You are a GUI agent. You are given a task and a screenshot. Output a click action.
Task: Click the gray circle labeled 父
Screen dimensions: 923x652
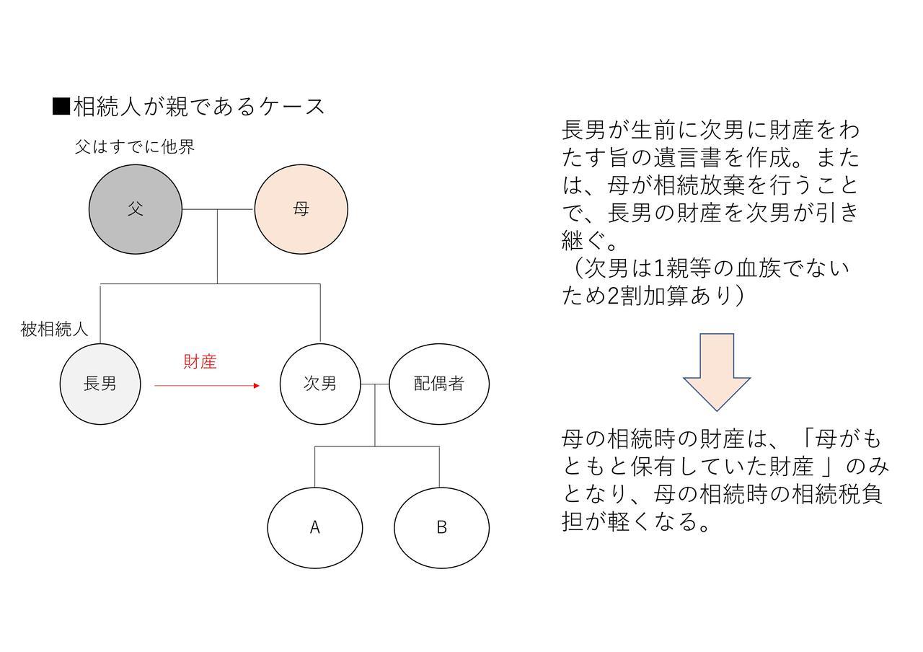coord(136,209)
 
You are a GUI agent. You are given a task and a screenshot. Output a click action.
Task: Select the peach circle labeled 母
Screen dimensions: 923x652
coord(301,209)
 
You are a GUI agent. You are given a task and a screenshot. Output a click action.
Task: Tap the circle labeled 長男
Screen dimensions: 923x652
coord(100,384)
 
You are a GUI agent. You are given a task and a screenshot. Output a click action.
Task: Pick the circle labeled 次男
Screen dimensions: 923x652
coord(320,384)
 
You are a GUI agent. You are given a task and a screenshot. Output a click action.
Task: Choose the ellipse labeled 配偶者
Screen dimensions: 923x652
coord(439,384)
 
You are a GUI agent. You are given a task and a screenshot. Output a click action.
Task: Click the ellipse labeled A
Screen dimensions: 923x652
coord(315,528)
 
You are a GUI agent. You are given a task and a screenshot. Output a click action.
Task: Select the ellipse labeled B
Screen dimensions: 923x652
coord(442,528)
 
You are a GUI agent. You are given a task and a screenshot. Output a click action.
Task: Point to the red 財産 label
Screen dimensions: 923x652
coord(200,361)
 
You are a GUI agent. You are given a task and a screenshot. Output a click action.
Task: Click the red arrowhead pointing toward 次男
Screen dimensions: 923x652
coord(257,386)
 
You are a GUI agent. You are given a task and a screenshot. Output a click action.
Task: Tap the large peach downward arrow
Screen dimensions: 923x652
coord(717,371)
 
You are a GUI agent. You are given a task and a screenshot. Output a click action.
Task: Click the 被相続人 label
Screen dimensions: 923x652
coord(54,329)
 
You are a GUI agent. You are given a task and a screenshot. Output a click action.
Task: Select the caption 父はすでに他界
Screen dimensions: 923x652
coord(135,146)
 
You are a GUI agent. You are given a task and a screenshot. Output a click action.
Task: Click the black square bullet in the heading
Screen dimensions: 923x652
coord(61,107)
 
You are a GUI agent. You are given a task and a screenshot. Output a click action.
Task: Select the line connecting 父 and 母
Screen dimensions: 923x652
coord(218,209)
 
